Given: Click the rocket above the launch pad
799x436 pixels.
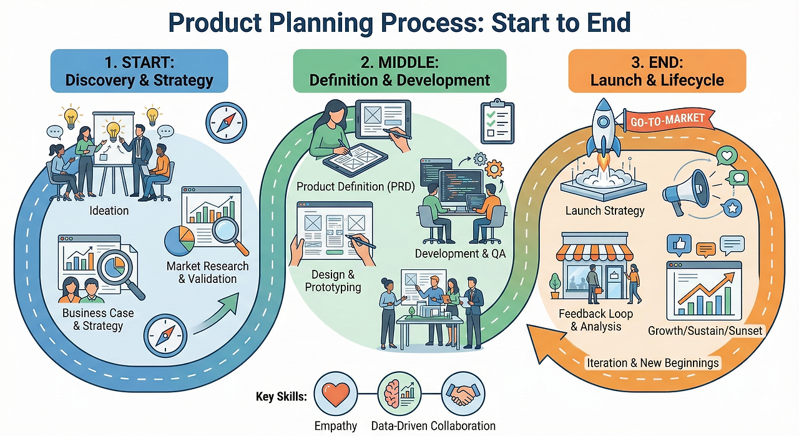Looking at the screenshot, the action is [x=604, y=134].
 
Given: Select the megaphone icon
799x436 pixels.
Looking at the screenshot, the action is [x=685, y=192].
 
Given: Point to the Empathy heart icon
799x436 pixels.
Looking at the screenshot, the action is [x=335, y=394].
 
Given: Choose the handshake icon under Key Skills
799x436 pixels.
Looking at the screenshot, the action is [x=463, y=394].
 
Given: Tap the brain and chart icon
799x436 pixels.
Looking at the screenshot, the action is [x=399, y=394].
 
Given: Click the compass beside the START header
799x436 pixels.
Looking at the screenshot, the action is [x=226, y=122].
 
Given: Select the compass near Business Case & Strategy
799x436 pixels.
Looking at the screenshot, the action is [x=165, y=335].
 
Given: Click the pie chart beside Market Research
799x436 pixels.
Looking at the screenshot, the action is [x=179, y=240].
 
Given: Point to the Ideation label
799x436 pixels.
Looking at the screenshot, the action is [x=109, y=211].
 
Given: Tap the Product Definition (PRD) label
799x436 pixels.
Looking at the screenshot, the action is [x=356, y=186].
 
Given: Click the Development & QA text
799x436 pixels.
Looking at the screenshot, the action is [x=460, y=254].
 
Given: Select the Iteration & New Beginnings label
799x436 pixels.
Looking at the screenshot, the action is [x=652, y=363].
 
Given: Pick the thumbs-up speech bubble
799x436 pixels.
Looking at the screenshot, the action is [x=679, y=245].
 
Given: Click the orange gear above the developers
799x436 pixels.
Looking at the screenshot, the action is [x=494, y=169].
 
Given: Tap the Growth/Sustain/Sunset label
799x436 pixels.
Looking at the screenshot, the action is [x=705, y=330].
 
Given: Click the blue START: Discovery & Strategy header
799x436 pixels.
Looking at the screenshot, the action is [x=139, y=71].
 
